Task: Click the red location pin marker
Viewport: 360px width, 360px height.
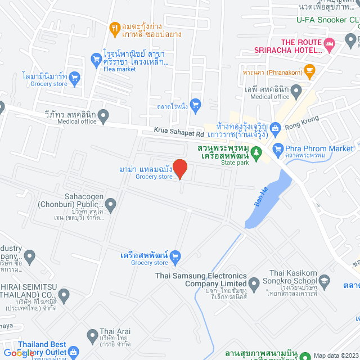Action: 179,169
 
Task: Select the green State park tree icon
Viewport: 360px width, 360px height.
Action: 256,151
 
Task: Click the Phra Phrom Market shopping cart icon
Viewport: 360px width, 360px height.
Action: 277,149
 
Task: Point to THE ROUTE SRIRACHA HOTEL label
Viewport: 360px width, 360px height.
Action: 301,46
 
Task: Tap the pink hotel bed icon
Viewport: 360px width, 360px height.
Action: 330,43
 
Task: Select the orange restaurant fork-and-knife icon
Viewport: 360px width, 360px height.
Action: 115,26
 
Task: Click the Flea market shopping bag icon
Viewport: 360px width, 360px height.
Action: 95,57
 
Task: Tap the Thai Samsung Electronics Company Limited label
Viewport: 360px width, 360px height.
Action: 201,280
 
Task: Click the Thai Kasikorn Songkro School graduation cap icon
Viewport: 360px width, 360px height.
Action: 324,280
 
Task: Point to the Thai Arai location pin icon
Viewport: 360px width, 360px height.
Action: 92,336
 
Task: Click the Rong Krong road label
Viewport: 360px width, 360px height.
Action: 302,122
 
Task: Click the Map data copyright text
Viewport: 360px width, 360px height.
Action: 335,355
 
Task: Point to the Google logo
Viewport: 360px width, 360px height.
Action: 17,353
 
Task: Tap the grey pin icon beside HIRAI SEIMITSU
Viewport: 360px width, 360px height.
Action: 64,294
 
